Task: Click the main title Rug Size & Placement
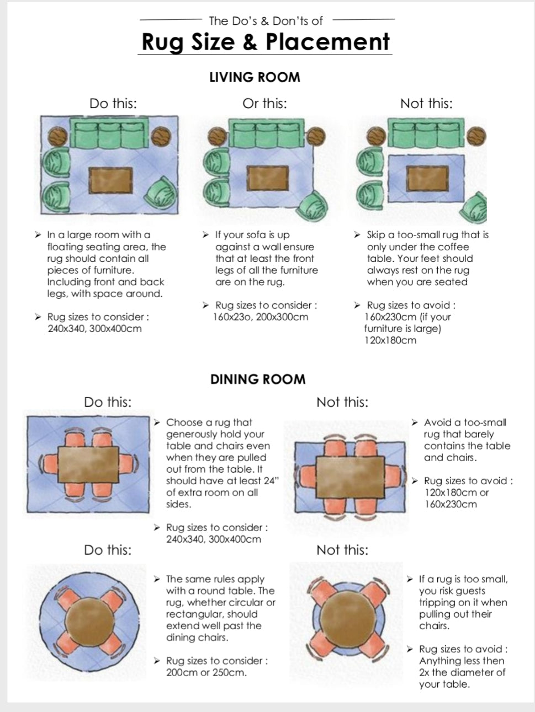tap(266, 42)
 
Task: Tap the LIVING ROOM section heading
tap(255, 77)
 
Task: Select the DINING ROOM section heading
tap(258, 379)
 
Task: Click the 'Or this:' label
tap(264, 104)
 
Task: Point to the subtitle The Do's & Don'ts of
tap(266, 21)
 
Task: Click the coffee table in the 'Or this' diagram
tap(268, 179)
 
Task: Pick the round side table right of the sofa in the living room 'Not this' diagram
tap(475, 135)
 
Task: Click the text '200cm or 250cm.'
tap(206, 672)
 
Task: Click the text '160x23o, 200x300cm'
tap(261, 317)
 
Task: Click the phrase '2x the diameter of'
tap(462, 672)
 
